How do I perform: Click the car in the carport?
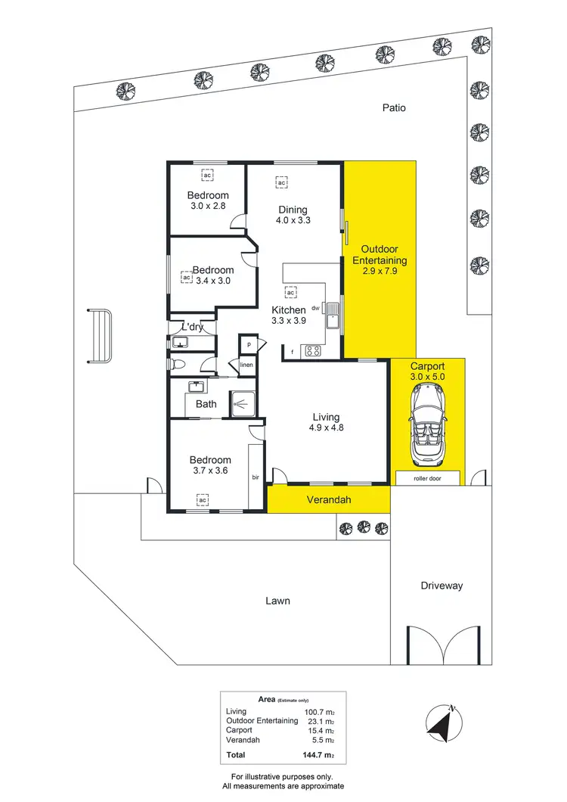pos(428,424)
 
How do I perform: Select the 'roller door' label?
pos(427,479)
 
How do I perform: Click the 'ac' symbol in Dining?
pos(280,183)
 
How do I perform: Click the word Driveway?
pos(441,586)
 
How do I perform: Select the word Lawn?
pos(277,601)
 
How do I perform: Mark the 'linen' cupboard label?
pos(246,365)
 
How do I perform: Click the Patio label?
pos(393,108)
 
